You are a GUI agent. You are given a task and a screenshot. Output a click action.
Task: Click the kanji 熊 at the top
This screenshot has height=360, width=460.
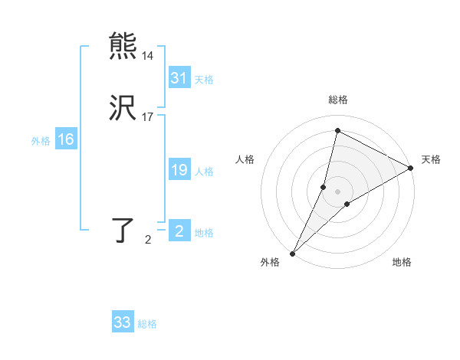click(123, 45)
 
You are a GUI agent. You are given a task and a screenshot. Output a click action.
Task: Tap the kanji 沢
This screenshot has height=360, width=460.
click(123, 109)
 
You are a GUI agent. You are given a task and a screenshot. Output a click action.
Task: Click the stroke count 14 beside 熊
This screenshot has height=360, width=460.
click(147, 56)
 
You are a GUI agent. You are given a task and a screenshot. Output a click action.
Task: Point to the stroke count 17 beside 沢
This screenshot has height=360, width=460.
click(147, 118)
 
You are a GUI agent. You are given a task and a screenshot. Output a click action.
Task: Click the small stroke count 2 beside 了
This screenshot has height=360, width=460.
click(148, 241)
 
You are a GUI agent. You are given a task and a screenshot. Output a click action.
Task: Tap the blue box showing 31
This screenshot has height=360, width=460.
click(179, 78)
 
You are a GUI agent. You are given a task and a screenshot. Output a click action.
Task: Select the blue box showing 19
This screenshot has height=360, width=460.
click(179, 170)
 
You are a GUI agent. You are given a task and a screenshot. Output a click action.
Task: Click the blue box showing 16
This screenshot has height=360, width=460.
click(66, 139)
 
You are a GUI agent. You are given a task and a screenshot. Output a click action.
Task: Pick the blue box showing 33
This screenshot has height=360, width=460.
click(123, 322)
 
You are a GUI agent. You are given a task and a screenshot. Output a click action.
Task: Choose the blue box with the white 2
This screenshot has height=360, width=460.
click(179, 231)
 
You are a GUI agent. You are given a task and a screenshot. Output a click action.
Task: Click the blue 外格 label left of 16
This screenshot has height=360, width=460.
click(41, 140)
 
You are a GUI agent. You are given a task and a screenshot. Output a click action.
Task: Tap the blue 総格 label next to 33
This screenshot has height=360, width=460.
click(147, 324)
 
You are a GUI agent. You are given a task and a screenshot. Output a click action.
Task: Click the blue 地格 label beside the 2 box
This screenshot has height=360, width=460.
click(204, 233)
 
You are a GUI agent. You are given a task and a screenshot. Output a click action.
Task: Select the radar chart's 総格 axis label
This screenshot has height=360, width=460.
click(338, 100)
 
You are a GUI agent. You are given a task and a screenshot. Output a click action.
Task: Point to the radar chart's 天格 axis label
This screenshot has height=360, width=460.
click(431, 159)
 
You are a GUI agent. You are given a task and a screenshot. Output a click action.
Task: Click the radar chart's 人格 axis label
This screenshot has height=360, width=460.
click(245, 159)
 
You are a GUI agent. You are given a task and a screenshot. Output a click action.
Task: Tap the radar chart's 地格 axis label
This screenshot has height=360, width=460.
click(402, 263)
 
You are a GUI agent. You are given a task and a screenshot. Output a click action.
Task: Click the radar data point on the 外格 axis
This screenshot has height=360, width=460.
click(292, 253)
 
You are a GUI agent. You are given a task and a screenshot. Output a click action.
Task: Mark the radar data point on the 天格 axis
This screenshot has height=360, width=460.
click(411, 168)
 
